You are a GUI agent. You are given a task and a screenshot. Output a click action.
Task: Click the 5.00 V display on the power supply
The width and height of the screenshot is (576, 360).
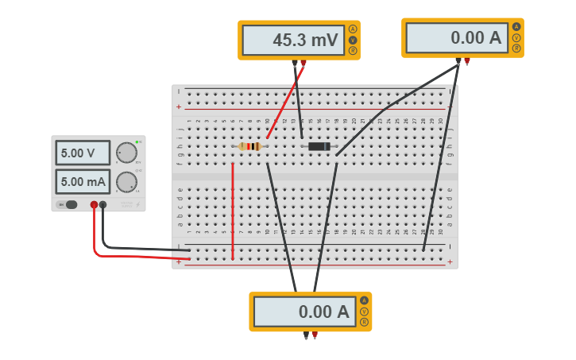coord(83,153)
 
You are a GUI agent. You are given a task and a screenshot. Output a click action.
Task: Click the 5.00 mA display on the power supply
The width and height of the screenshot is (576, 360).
coord(83,182)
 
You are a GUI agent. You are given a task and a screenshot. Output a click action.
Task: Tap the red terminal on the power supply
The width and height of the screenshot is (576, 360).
coord(94,205)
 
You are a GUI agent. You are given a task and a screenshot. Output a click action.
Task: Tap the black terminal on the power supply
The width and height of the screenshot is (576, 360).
coord(103,205)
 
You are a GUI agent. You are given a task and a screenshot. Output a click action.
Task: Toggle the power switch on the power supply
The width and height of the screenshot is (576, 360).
coord(70,205)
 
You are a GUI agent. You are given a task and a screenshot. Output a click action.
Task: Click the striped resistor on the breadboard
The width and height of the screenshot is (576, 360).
coord(250,146)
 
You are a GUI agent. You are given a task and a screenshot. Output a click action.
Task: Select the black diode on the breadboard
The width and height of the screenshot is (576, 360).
coord(319,146)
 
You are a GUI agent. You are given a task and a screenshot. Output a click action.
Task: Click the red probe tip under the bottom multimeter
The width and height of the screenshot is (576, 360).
coord(315,335)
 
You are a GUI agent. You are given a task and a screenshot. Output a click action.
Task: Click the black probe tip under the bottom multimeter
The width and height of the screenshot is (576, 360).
coord(306,335)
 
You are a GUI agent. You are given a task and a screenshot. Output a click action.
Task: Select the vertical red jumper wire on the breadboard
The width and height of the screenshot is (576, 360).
coord(233,211)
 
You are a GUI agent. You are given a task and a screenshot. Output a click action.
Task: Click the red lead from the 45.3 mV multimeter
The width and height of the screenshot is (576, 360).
coord(284,102)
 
